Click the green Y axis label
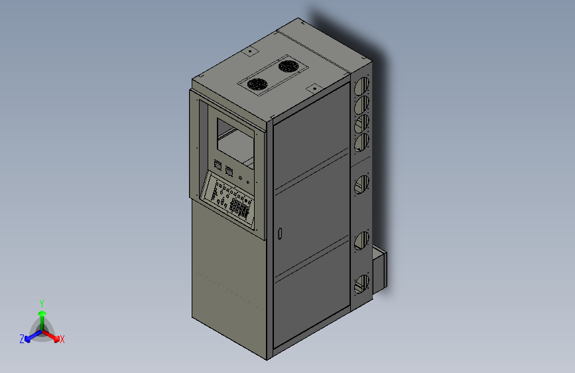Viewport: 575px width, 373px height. [41, 303]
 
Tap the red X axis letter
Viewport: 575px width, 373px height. [62, 339]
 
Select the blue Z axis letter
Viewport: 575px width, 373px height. [22, 338]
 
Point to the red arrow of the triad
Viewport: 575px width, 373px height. [52, 335]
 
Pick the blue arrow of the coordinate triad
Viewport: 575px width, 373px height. [31, 335]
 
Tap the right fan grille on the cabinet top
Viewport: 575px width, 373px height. [287, 66]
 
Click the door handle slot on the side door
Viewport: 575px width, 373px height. [280, 234]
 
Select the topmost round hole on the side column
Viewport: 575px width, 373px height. [362, 86]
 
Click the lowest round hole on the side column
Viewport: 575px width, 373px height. [361, 284]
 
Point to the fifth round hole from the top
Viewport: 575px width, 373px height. [361, 184]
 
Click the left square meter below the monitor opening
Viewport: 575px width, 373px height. [217, 165]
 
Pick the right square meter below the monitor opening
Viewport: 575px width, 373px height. [229, 171]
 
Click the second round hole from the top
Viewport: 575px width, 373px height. [362, 105]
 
